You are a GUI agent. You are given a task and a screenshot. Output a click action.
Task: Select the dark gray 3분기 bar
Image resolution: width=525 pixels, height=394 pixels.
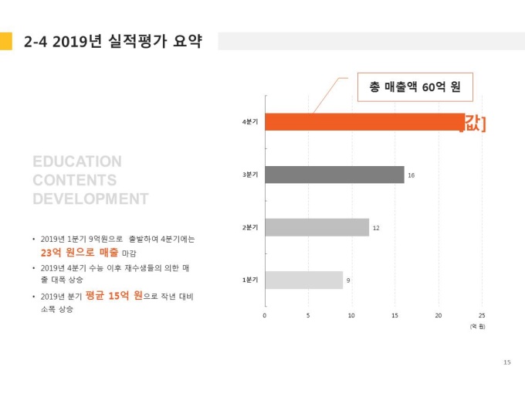pos(334,175)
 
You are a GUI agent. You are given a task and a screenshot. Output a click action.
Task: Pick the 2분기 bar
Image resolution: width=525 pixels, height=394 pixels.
pos(317,228)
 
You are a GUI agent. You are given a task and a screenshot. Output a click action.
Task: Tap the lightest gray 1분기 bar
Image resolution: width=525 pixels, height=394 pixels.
pos(303,280)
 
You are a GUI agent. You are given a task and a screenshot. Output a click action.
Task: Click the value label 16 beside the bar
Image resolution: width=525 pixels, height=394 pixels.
pos(412,176)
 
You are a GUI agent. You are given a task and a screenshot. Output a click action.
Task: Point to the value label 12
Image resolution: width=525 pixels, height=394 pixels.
pos(376,229)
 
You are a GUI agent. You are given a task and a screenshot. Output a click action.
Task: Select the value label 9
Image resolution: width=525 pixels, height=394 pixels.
pos(348,280)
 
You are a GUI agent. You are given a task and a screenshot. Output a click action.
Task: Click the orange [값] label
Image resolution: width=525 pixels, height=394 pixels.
pos(472,123)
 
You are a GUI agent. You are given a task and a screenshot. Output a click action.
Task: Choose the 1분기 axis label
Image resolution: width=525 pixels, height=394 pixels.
pos(249,280)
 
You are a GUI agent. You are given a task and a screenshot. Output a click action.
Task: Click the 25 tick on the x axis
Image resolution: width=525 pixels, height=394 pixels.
pos(483,315)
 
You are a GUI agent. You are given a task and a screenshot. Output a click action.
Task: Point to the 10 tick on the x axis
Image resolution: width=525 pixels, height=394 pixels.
pos(351,315)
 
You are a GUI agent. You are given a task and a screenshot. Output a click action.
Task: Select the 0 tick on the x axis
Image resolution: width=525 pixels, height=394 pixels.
pos(265,315)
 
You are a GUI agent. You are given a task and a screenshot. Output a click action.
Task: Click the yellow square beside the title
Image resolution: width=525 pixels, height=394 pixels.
pos(6,41)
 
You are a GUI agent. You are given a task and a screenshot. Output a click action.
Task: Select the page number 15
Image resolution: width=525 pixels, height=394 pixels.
pos(506,362)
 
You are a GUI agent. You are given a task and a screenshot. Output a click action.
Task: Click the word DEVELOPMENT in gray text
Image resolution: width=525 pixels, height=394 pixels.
pos(90,199)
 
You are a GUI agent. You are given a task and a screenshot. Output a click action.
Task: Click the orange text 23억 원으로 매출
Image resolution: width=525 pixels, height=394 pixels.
pos(80,253)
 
